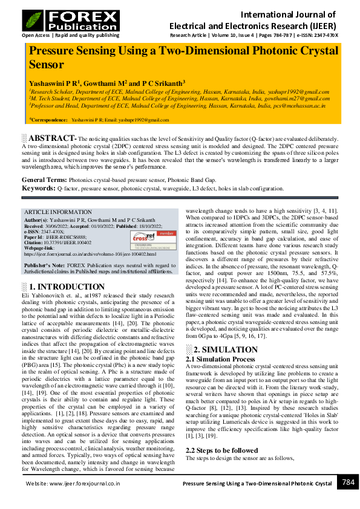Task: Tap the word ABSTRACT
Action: pos(51,138)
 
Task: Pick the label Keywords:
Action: pos(39,189)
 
